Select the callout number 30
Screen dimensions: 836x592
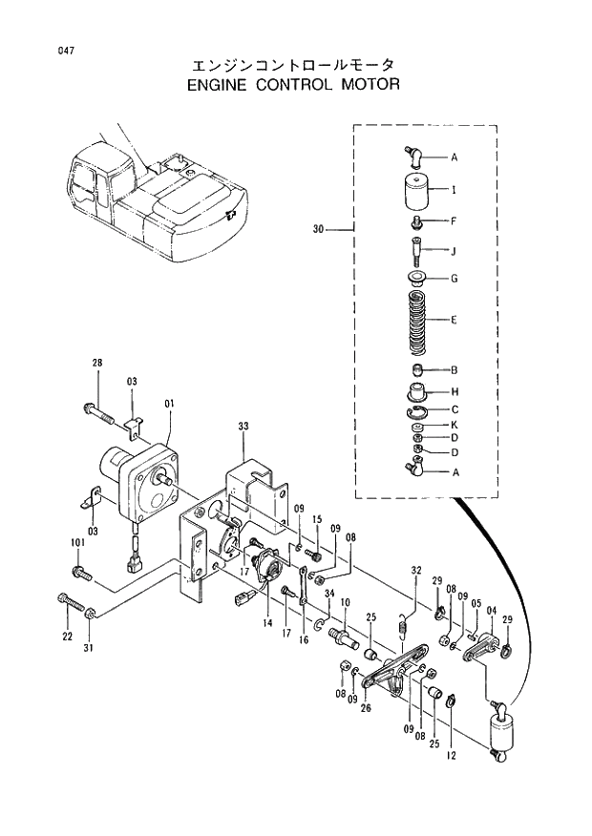318,229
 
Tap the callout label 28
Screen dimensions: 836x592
96,363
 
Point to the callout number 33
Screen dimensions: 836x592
243,427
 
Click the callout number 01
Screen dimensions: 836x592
169,405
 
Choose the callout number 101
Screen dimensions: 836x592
77,543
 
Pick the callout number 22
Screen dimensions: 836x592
68,637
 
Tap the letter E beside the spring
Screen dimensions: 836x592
454,321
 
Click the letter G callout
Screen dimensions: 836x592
454,279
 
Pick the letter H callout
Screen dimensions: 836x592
455,391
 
